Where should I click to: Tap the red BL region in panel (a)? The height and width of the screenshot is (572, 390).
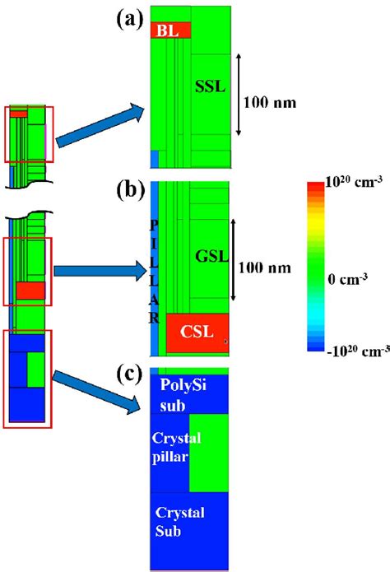tap(170, 30)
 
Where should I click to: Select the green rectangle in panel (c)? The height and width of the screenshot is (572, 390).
tap(210, 452)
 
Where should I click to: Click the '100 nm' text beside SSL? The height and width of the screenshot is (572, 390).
tap(270, 103)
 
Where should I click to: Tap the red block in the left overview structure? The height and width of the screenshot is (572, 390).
tap(30, 291)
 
